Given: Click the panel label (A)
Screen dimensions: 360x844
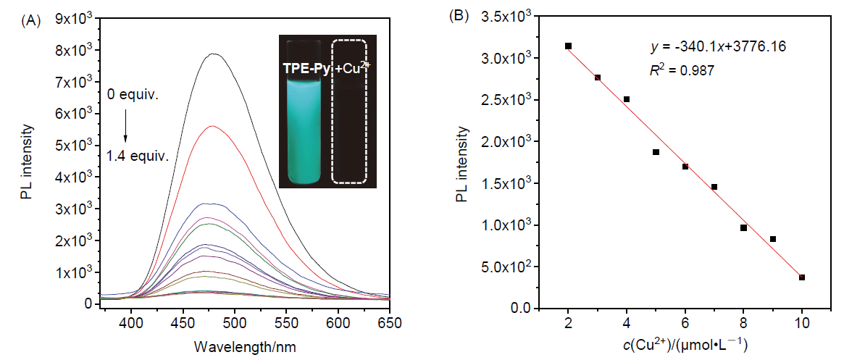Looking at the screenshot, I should click(31, 20).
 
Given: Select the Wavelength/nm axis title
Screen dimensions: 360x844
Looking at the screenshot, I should click(234, 346).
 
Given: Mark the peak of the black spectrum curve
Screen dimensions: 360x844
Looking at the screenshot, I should click(214, 54).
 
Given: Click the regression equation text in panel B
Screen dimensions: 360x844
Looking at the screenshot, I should click(698, 46).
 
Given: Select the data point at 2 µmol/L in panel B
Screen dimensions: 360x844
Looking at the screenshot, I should click(568, 46).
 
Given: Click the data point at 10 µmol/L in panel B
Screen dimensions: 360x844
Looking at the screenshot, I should click(802, 277).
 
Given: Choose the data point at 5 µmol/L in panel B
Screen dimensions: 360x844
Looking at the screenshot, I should click(656, 152).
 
